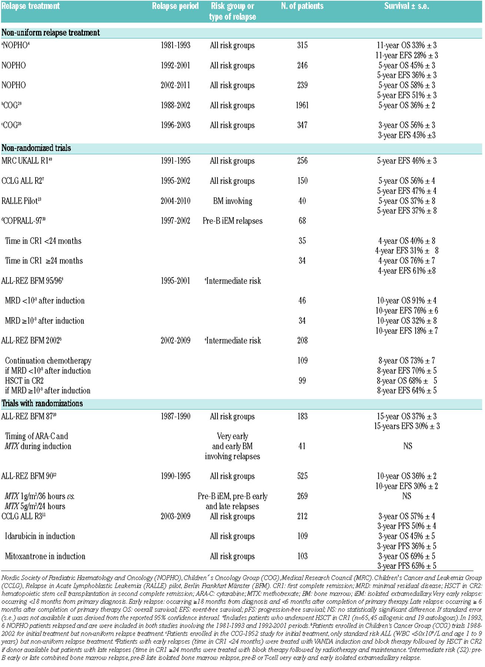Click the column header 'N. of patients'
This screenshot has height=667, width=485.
pos(302,6)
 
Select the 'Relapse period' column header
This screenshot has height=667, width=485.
pos(175,6)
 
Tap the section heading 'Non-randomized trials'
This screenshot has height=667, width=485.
pos(36,148)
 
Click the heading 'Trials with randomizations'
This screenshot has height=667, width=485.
pos(42,404)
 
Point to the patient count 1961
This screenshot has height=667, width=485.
pos(302,105)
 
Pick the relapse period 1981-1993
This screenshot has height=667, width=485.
pos(175,45)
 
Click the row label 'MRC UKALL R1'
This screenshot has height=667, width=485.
pos(25,161)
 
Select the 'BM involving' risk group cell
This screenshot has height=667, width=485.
pos(232,201)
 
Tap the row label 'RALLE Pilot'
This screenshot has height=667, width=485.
pos(21,201)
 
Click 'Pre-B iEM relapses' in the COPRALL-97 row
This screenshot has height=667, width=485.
pos(232,221)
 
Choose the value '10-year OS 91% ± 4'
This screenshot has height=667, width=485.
pos(406,301)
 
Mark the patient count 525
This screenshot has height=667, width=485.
pos(302,476)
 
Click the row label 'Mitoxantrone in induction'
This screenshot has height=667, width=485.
pos(45,556)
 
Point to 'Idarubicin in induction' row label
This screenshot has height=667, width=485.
pos(40,536)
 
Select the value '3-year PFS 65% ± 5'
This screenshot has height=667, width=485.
pos(406,566)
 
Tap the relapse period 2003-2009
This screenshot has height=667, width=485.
pos(175,516)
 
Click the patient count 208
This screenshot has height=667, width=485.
pos(302,341)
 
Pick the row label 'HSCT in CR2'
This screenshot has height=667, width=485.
pos(24,381)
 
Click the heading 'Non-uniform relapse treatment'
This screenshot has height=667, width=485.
pos(50,33)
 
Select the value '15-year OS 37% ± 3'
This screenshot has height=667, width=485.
pos(406,417)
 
